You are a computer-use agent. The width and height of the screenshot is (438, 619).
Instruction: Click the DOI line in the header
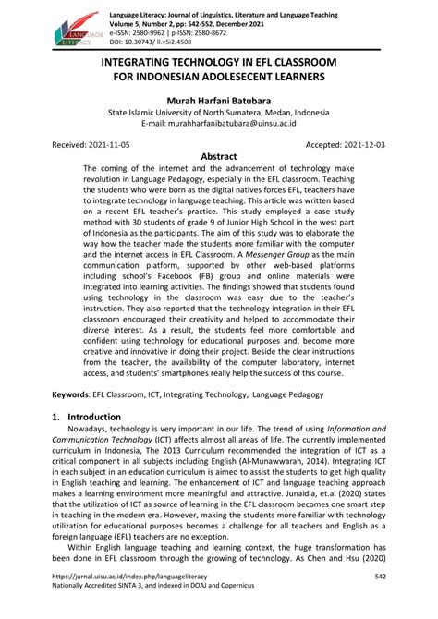[x=151, y=42]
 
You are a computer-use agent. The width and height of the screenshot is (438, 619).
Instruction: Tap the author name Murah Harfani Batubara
[x=218, y=100]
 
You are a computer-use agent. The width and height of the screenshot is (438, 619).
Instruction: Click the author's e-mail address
[x=218, y=123]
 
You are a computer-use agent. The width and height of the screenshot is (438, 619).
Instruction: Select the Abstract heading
[x=218, y=157]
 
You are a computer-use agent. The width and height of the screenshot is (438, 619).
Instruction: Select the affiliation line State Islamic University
[x=218, y=112]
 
